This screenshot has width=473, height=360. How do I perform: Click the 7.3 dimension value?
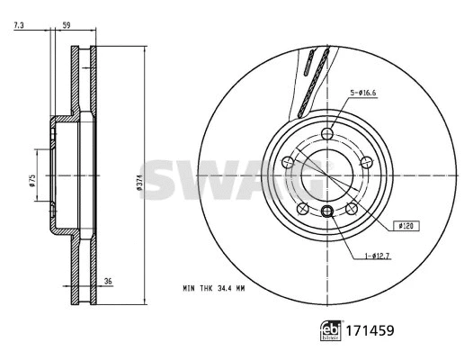point(19,27)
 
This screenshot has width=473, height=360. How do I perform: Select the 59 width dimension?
point(66,27)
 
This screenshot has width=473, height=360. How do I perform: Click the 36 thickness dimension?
point(108,281)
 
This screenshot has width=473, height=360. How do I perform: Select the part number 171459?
point(370,330)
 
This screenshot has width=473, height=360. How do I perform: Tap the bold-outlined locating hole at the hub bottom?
point(327,211)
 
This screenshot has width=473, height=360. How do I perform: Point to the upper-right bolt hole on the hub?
point(368,163)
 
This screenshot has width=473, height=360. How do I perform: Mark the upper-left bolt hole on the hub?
point(288,163)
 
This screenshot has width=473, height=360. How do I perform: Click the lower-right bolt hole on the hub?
point(352,210)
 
